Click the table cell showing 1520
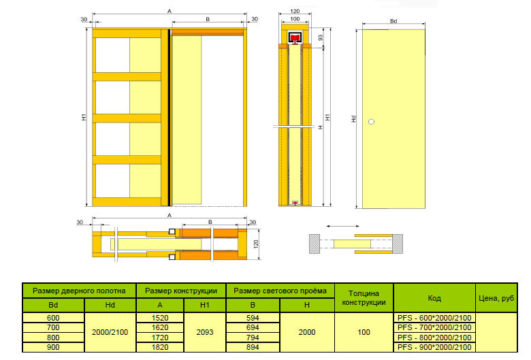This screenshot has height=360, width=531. (x=160, y=318)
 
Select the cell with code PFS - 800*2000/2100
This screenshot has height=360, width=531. (x=434, y=338)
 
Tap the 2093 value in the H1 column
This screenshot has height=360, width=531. (x=205, y=332)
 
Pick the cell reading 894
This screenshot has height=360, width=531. (x=253, y=347)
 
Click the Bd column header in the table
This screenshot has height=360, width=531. (x=53, y=305)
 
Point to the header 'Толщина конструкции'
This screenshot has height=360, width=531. (x=364, y=297)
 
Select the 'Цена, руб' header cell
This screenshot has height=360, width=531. (x=496, y=298)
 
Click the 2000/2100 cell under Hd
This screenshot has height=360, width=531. (x=110, y=332)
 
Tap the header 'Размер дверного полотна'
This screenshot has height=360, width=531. (x=79, y=291)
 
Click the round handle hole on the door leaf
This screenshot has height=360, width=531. (x=372, y=122)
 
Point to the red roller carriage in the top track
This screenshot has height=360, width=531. (x=295, y=38)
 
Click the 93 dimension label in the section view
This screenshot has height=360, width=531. (x=321, y=37)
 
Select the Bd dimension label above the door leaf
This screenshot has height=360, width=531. (x=393, y=21)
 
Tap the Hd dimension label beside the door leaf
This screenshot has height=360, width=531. (x=354, y=119)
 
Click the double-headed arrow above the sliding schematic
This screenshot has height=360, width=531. (x=342, y=226)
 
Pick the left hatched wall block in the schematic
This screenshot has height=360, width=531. (x=315, y=244)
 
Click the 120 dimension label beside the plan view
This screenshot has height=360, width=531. (x=256, y=244)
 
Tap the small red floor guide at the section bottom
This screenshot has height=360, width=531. (x=295, y=203)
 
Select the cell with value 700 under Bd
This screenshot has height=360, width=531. (x=53, y=327)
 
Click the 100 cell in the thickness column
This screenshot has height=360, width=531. (x=364, y=332)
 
